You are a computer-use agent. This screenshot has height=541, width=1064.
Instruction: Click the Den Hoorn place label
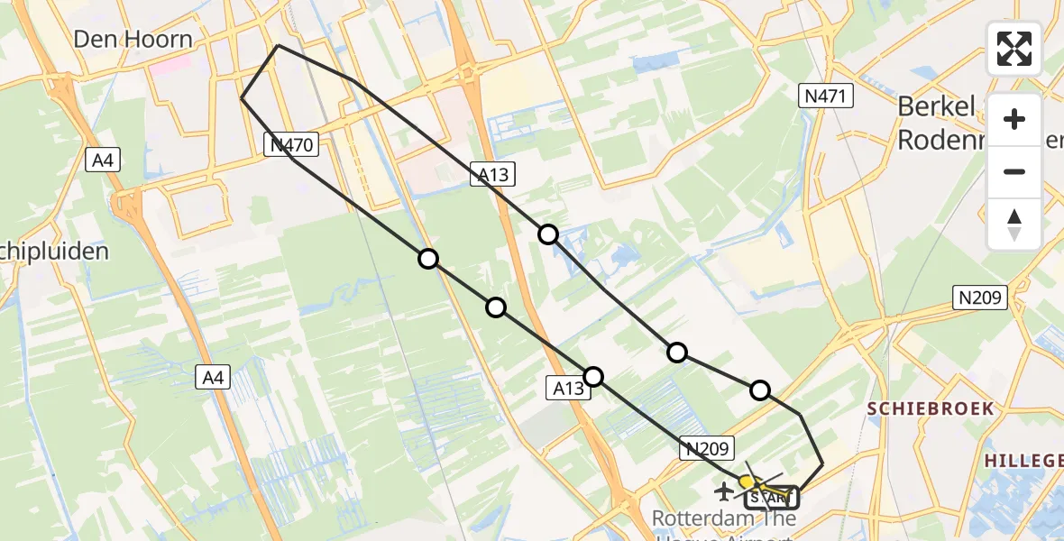coord(133,39)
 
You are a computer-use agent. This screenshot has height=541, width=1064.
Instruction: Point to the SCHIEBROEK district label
coord(931,408)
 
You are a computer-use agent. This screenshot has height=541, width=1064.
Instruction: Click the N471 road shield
coord(826,96)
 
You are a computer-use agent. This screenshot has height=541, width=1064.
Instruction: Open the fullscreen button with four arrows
coord(1014,48)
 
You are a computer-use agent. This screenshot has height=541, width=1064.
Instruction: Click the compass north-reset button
coord(1014,225)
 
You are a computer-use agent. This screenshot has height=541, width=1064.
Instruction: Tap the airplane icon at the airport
coord(723,491)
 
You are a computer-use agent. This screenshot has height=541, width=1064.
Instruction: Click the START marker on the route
coord(771,496)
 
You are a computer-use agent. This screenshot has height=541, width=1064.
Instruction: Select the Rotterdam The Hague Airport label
coord(724,520)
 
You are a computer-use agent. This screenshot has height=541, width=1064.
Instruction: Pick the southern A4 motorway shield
coord(213,377)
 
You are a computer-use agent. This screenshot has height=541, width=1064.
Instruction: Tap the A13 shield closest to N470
coord(491,176)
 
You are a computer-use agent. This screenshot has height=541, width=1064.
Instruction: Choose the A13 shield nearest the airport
coord(569,388)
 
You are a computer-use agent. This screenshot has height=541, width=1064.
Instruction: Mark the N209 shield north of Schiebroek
coord(980,298)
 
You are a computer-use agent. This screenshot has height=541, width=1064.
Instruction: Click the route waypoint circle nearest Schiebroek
coord(760,390)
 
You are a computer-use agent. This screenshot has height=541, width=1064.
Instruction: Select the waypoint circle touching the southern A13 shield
coord(593,376)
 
